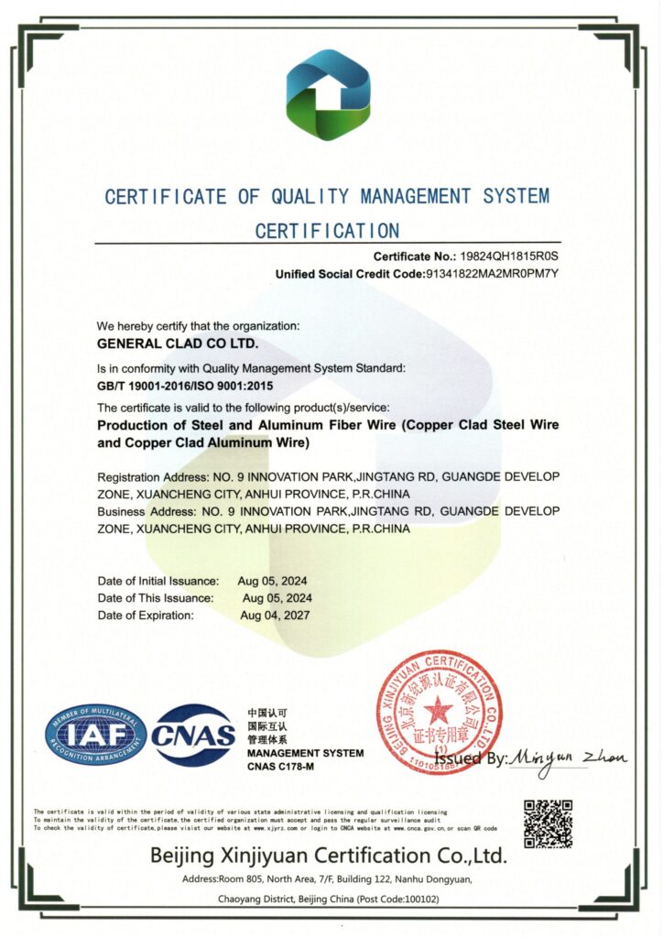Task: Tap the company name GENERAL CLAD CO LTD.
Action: pos(178,344)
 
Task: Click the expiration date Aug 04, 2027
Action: pos(276,615)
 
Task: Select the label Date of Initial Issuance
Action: pos(158,581)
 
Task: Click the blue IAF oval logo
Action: pos(94,735)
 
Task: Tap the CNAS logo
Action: pos(193,735)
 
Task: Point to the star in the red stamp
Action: pos(438,709)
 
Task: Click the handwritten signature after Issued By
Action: pos(568,758)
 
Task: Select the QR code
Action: pos(549,823)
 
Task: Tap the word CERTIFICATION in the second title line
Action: pos(327,230)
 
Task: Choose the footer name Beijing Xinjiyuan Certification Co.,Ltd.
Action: pos(328,856)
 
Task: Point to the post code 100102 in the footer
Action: pos(416,900)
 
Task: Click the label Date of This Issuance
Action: pos(156,597)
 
